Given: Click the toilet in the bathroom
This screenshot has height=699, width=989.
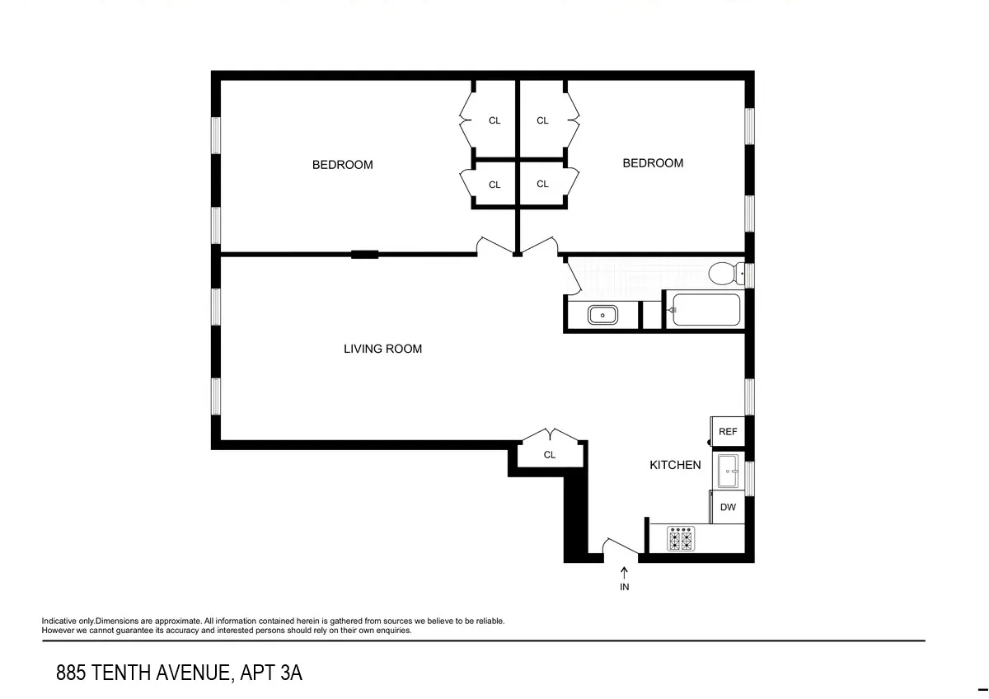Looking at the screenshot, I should click(x=724, y=272).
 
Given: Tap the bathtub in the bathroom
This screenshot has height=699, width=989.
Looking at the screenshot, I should click(x=705, y=310).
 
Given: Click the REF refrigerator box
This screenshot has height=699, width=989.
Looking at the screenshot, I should click(x=727, y=431).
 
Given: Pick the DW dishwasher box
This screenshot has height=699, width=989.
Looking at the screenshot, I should click(x=727, y=507).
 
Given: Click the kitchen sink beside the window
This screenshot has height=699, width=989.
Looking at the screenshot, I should click(x=729, y=471).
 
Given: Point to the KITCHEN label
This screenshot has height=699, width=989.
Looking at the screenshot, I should click(x=675, y=465).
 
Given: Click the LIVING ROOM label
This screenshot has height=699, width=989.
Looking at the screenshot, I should click(x=382, y=349).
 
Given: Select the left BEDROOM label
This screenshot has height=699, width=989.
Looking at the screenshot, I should click(x=342, y=165).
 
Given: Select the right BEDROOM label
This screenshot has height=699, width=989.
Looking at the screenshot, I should click(x=652, y=163).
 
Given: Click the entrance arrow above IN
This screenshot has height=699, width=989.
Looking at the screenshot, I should click(x=624, y=571).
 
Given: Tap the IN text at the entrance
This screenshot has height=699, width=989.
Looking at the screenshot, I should click(x=624, y=587).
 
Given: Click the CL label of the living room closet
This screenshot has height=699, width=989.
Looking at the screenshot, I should click(x=550, y=455).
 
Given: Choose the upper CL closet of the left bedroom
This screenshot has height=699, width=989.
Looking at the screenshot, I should click(x=494, y=120).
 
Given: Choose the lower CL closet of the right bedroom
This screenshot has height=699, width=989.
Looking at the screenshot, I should click(x=542, y=184).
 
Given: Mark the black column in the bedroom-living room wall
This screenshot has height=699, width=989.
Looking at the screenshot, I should click(x=364, y=254).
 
